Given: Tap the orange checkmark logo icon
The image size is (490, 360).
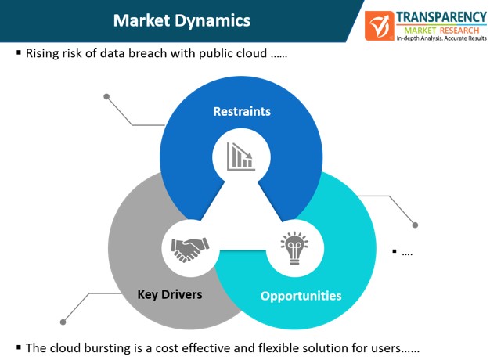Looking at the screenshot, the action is (x=380, y=26).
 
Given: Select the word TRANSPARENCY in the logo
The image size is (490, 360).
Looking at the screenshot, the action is (x=441, y=17).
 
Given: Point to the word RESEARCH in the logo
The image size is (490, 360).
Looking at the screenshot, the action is (x=459, y=31).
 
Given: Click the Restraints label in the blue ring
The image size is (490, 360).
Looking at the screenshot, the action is (x=242, y=112).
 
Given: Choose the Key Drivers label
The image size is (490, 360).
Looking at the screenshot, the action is (x=170, y=295).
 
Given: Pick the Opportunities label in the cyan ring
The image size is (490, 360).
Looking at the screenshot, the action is (x=301, y=296).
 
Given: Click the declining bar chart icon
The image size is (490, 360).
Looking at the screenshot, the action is (x=241, y=157).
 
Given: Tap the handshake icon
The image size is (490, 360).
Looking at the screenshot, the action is (x=190, y=250).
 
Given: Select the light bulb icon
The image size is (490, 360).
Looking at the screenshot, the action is (x=294, y=248).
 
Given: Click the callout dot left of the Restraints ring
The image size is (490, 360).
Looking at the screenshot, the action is (x=106, y=96).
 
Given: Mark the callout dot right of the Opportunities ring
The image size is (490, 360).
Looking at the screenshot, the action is (x=415, y=225).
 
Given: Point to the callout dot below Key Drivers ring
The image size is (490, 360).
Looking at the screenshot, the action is (x=63, y=322).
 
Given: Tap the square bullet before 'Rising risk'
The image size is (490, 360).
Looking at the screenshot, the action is (x=19, y=52).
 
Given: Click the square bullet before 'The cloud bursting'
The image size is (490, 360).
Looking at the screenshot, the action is (x=19, y=347).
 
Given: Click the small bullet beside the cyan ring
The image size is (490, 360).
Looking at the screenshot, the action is (x=395, y=251).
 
